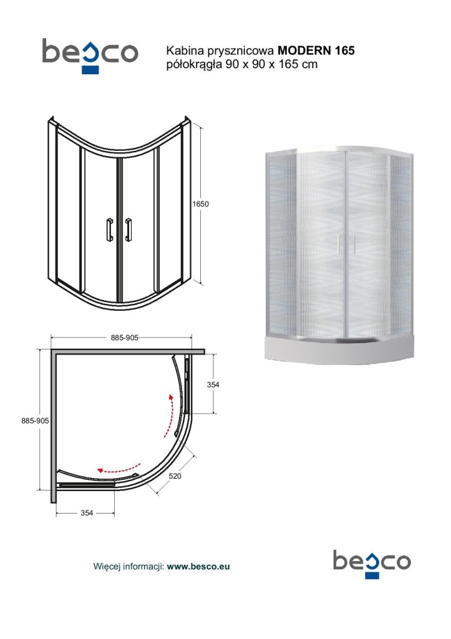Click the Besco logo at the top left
[x=90, y=55]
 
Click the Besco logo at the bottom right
[x=372, y=563]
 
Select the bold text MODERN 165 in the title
[x=316, y=51]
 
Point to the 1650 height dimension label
[x=200, y=204]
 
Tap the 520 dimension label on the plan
[x=175, y=476]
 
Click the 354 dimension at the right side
[x=213, y=384]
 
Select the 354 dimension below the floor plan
[x=87, y=513]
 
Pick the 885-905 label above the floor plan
[x=125, y=338]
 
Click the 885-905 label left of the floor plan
[x=35, y=421]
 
